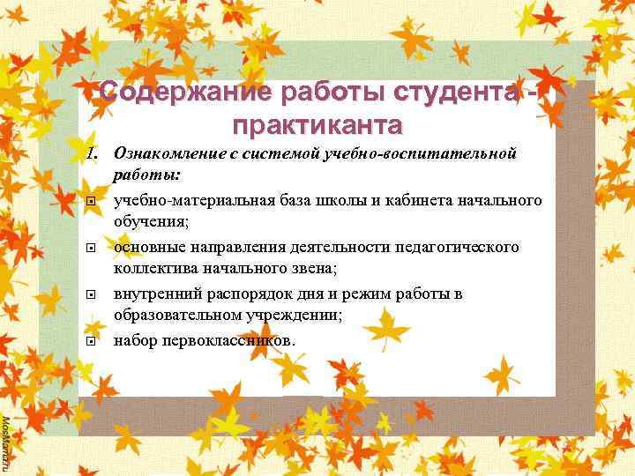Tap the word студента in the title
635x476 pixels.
tap(457, 92)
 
